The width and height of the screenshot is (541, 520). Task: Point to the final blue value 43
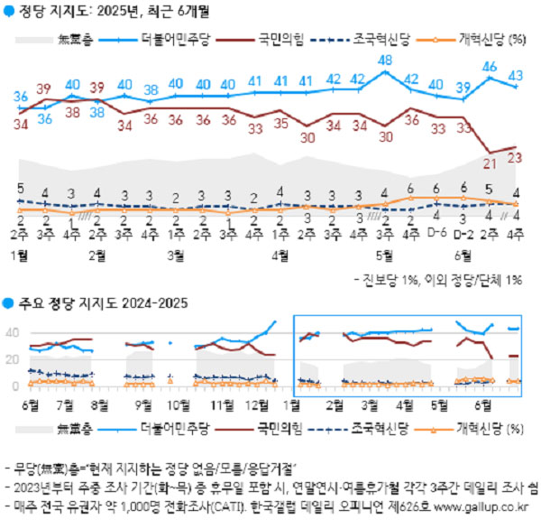pyautogui.click(x=517, y=75)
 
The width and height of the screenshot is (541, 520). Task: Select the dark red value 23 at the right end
pyautogui.click(x=517, y=157)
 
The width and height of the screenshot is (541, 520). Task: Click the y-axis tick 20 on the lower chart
pyautogui.click(x=13, y=359)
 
